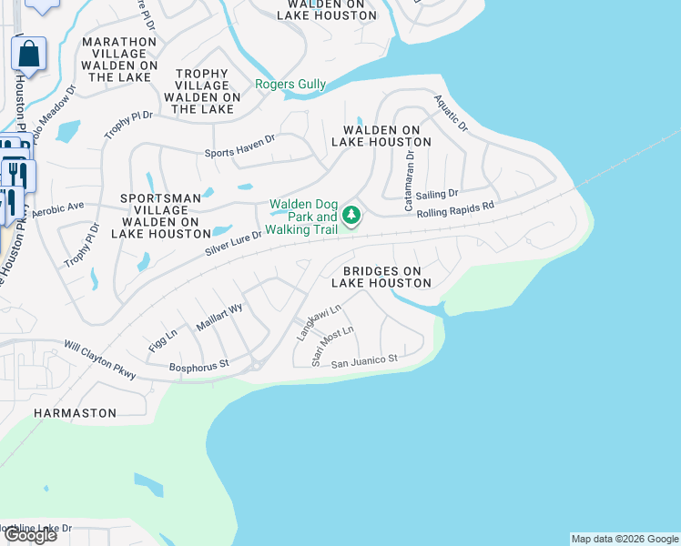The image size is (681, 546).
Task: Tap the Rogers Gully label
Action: (290, 85)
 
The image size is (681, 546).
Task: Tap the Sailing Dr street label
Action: (438, 194)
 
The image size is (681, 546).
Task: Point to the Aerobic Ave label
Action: (57, 208)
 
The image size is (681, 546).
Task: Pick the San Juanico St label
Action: (364, 361)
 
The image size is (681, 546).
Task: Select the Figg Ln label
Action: (162, 339)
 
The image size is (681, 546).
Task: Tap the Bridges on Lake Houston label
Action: (381, 278)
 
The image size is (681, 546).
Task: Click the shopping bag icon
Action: (29, 54)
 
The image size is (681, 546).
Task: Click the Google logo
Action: (30, 535)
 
